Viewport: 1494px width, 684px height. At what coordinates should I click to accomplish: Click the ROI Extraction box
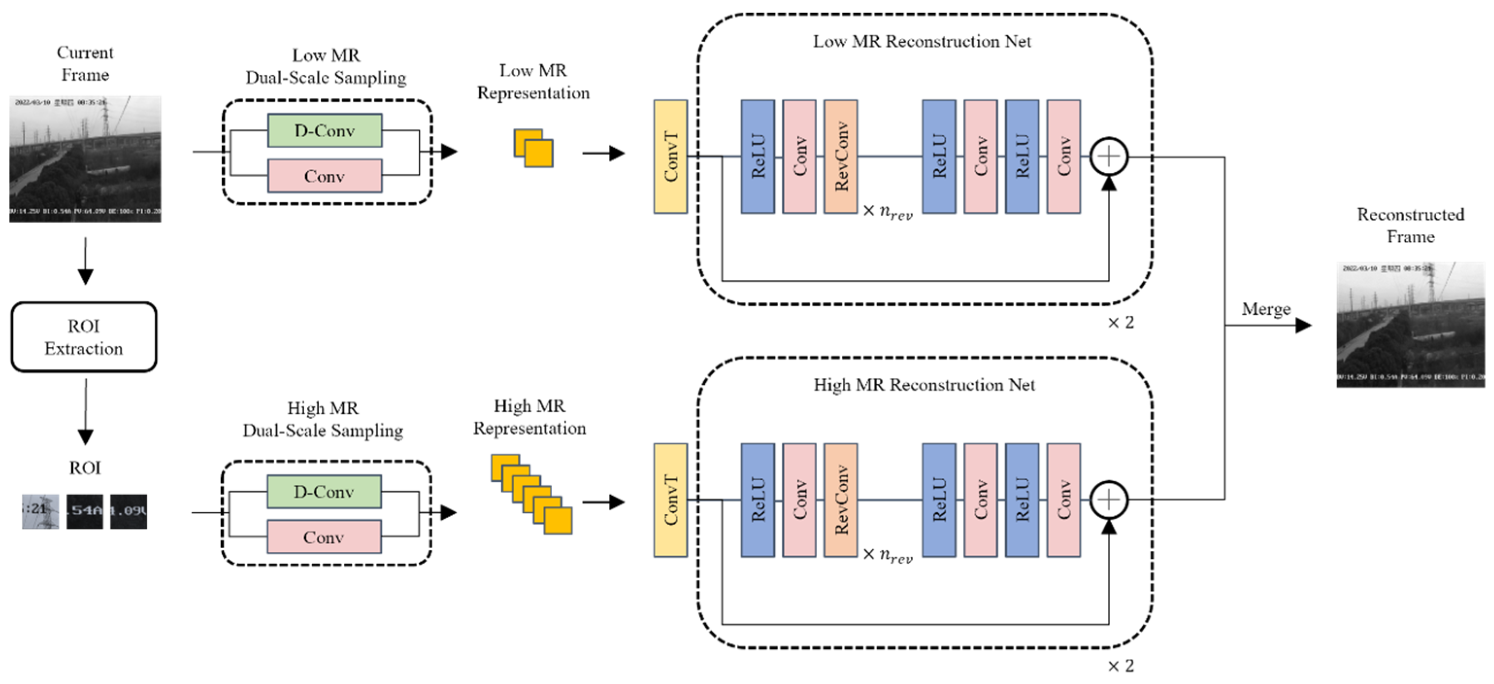pyautogui.click(x=84, y=337)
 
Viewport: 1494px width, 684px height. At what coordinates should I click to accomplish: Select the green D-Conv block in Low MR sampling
pyautogui.click(x=325, y=130)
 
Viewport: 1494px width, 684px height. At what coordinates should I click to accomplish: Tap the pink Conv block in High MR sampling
pyautogui.click(x=324, y=537)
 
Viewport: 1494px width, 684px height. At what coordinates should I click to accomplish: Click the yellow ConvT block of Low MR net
pyautogui.click(x=671, y=157)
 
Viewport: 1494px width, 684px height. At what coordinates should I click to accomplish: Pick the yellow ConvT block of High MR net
pyautogui.click(x=671, y=500)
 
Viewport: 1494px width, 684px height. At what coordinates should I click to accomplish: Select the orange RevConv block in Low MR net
pyautogui.click(x=840, y=157)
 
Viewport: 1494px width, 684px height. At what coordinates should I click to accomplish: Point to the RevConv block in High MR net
pyautogui.click(x=840, y=500)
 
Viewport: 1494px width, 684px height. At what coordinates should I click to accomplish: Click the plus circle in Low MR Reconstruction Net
pyautogui.click(x=1108, y=157)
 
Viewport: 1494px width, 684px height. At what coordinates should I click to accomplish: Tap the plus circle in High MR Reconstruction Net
pyautogui.click(x=1108, y=500)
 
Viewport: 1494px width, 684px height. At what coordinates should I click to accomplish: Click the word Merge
pyautogui.click(x=1266, y=309)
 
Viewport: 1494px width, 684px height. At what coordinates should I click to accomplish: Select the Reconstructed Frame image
pyautogui.click(x=1411, y=325)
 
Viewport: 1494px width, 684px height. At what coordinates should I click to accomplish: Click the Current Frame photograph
pyautogui.click(x=85, y=158)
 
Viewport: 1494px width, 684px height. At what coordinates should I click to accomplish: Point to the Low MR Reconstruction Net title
pyautogui.click(x=921, y=42)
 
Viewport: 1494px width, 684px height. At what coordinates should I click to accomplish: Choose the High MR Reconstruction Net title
pyautogui.click(x=924, y=385)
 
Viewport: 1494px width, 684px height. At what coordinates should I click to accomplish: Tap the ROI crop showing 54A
pyautogui.click(x=85, y=511)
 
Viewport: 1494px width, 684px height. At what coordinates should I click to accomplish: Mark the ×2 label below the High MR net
pyautogui.click(x=1120, y=666)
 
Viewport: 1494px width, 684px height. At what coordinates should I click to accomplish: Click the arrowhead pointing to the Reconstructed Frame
pyautogui.click(x=1303, y=325)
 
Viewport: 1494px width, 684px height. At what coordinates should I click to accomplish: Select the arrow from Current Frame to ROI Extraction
pyautogui.click(x=85, y=261)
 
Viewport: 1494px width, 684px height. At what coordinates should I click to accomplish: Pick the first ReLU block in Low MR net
pyautogui.click(x=757, y=157)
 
